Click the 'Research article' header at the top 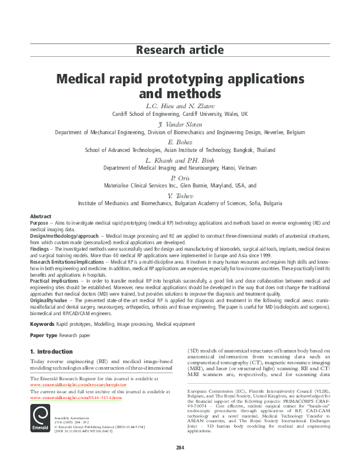click(x=180, y=50)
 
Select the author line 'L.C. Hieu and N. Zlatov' click(x=180, y=105)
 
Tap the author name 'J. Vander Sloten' click(x=180, y=124)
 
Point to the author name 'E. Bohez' click(x=180, y=143)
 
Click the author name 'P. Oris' click(x=180, y=177)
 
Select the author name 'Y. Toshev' click(x=180, y=195)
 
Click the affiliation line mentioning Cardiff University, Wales click(x=180, y=114)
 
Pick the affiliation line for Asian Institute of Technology click(x=180, y=151)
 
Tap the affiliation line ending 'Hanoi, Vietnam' click(x=180, y=168)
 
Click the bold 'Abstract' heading click(x=41, y=217)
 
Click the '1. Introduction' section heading click(x=51, y=352)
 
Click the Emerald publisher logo click(x=40, y=418)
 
